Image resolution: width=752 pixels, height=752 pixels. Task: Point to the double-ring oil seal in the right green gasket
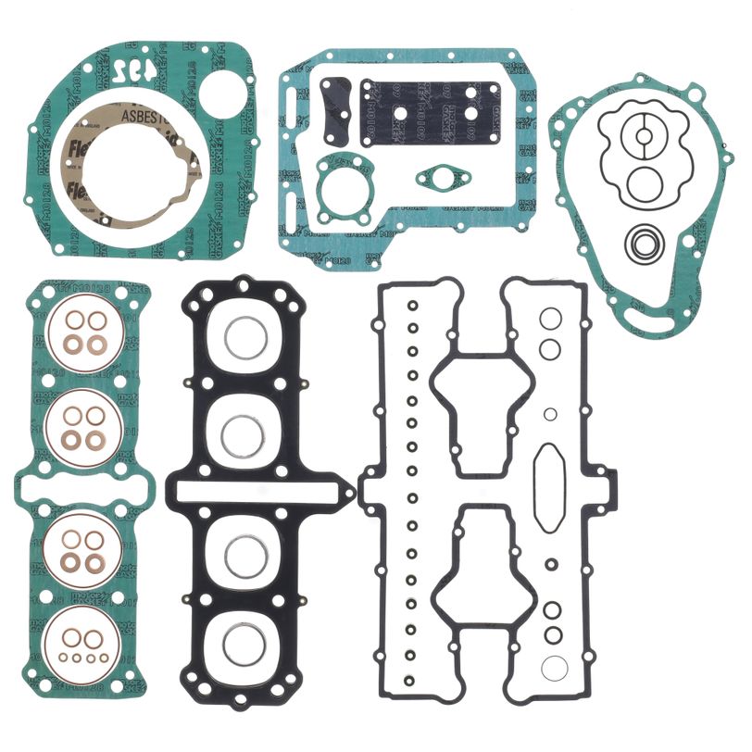[x=641, y=244]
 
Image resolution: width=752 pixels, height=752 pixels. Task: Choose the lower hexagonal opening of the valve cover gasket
[x=483, y=564]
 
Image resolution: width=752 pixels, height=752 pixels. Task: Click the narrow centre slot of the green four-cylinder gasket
[x=78, y=485]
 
